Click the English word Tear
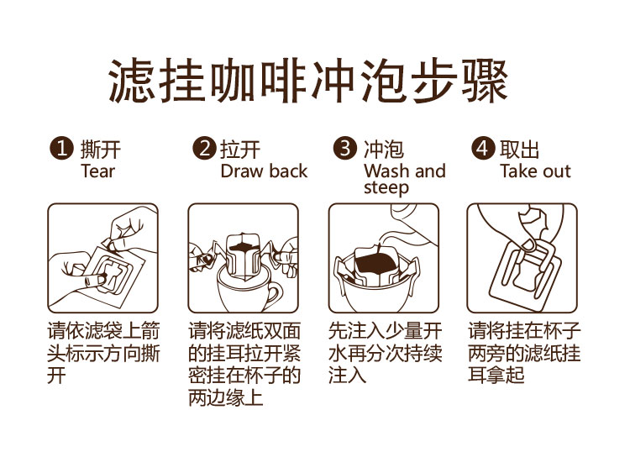[97, 171]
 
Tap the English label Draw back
[264, 171]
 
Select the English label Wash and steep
[404, 179]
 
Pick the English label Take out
[535, 171]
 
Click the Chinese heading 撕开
[101, 150]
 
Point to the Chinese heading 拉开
[240, 150]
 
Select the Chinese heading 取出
[519, 150]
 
